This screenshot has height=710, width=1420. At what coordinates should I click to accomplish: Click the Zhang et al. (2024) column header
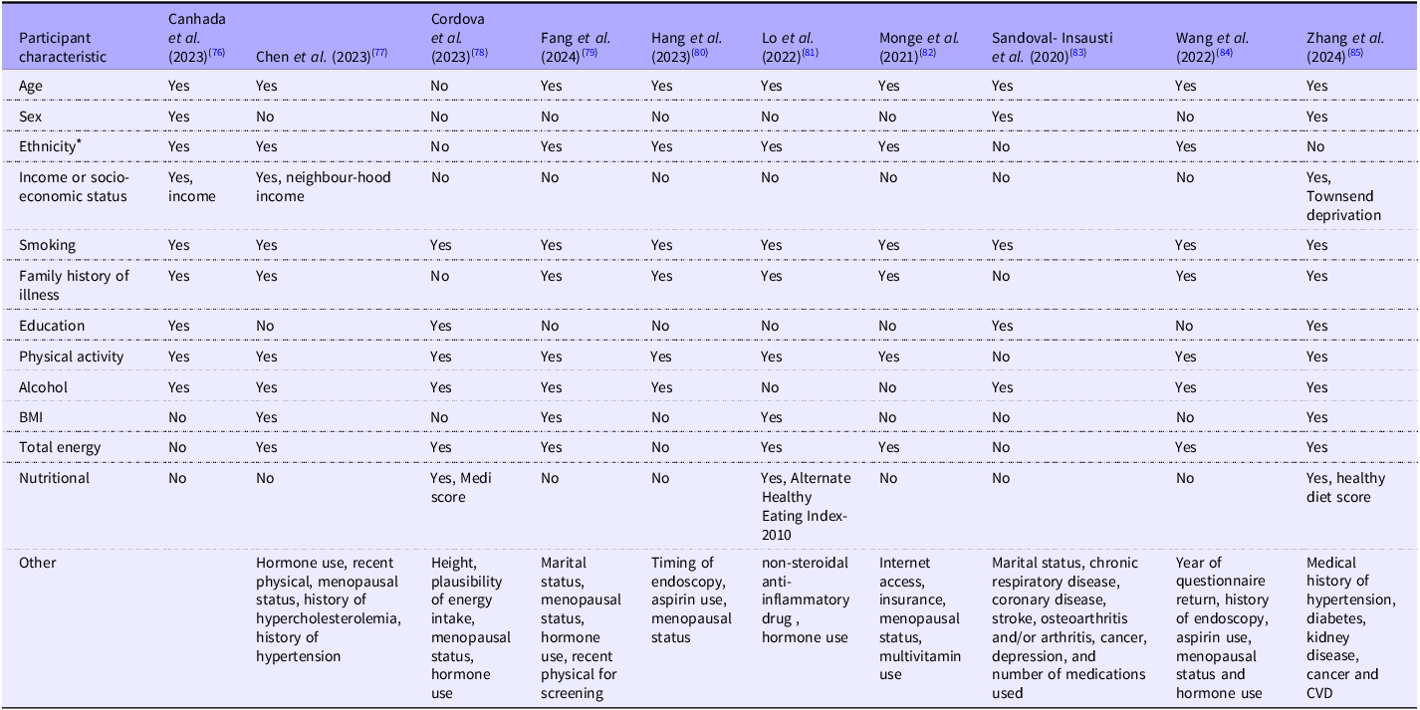(1345, 47)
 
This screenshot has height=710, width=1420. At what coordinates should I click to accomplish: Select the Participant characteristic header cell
(63, 47)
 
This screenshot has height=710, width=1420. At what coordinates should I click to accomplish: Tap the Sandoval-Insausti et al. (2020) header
(1053, 47)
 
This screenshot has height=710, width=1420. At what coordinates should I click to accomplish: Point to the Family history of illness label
(74, 285)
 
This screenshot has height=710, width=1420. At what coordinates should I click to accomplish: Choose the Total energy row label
(60, 447)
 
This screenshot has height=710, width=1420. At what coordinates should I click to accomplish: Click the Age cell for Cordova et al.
(439, 86)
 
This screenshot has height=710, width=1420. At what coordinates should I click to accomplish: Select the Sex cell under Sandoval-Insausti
(1002, 116)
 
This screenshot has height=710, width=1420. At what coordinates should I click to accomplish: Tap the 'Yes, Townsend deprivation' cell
(1343, 196)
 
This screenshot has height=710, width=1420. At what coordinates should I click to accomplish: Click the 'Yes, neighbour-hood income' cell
(324, 186)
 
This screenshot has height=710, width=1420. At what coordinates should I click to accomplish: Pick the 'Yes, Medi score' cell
(461, 487)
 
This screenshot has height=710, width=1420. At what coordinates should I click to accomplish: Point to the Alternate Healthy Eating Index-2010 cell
(807, 506)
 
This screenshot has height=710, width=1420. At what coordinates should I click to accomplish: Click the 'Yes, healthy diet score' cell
(1346, 487)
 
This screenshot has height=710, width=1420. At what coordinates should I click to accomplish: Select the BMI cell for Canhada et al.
(177, 417)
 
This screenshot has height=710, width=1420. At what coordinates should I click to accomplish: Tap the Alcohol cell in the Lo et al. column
(770, 387)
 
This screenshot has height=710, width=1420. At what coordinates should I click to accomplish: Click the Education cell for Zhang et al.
(1316, 326)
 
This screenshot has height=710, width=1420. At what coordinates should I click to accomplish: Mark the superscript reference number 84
(1224, 53)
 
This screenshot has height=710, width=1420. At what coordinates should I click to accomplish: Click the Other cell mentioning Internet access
(920, 618)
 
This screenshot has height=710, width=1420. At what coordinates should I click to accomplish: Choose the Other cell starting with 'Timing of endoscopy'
(691, 599)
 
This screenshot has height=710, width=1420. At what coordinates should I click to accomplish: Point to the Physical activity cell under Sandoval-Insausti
(1001, 356)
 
